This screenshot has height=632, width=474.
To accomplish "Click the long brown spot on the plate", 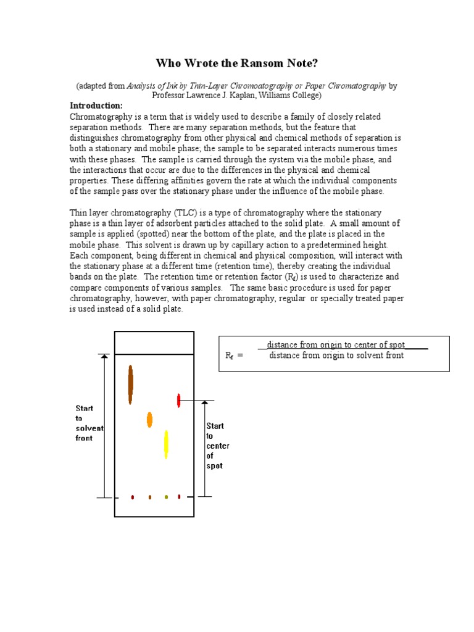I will [x=130, y=384].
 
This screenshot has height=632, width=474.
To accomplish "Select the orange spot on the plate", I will [x=149, y=420].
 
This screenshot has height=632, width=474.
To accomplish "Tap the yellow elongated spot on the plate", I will [x=166, y=444].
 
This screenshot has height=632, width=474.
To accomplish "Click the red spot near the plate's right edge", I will [x=179, y=400].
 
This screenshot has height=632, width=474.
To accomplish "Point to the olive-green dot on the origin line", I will [x=166, y=497].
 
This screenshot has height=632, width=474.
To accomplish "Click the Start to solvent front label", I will [x=89, y=423].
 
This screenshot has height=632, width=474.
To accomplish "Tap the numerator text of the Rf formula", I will [x=336, y=345].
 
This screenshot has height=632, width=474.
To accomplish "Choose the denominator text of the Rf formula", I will [x=336, y=355].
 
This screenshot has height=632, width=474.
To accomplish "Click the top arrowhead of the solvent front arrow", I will [x=104, y=356].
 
